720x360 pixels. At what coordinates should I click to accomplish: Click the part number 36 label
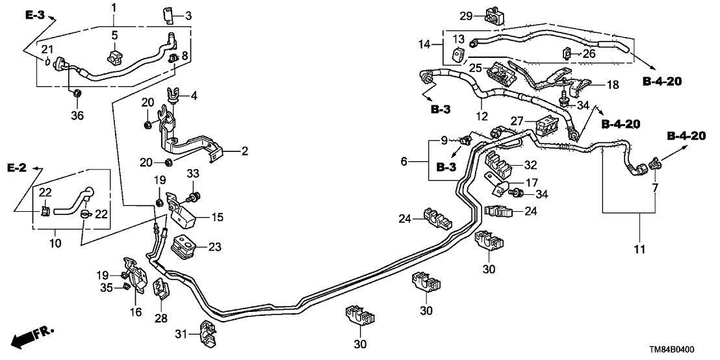pos(77,117)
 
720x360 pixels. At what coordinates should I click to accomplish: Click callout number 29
pos(465,16)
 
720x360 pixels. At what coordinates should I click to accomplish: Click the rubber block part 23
pos(183,247)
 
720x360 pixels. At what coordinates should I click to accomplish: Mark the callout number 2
pos(244,151)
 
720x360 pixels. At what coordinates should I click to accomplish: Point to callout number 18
pos(613,85)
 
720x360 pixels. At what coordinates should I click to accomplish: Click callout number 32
pos(531,165)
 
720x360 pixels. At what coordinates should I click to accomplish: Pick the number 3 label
pos(188,16)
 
